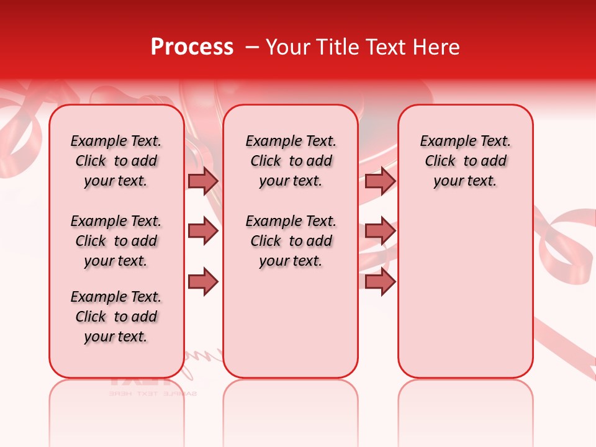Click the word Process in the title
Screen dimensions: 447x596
[x=192, y=47]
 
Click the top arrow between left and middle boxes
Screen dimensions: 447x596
[x=203, y=181]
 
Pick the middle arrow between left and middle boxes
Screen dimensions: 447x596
[x=203, y=231]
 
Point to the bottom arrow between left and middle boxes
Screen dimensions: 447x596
[x=203, y=281]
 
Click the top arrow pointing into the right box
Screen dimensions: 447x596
[x=380, y=181]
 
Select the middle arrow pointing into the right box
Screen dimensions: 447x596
[x=380, y=231]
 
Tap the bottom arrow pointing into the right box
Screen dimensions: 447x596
[x=380, y=281]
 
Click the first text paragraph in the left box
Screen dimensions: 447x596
[x=116, y=161]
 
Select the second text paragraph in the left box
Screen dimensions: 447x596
[x=116, y=241]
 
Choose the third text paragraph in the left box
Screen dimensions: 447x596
[x=116, y=317]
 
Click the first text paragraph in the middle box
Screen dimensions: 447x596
[x=291, y=161]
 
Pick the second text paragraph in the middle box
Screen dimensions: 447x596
[x=291, y=241]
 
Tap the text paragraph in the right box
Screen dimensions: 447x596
[x=465, y=161]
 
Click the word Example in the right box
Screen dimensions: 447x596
[x=443, y=142]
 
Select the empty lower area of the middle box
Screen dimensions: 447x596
[x=291, y=323]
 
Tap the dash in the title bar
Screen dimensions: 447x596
[x=252, y=47]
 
